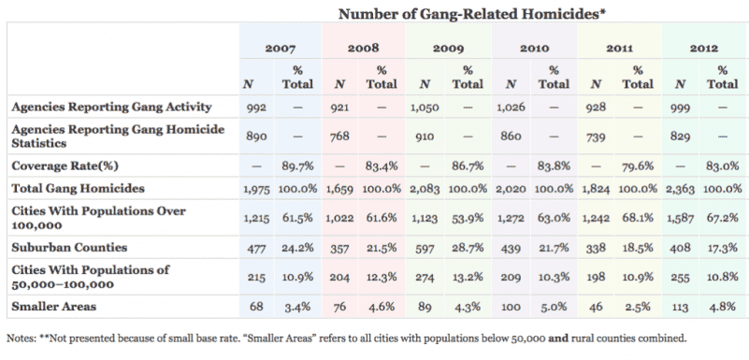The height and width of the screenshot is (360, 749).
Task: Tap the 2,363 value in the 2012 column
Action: pyautogui.click(x=679, y=191)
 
